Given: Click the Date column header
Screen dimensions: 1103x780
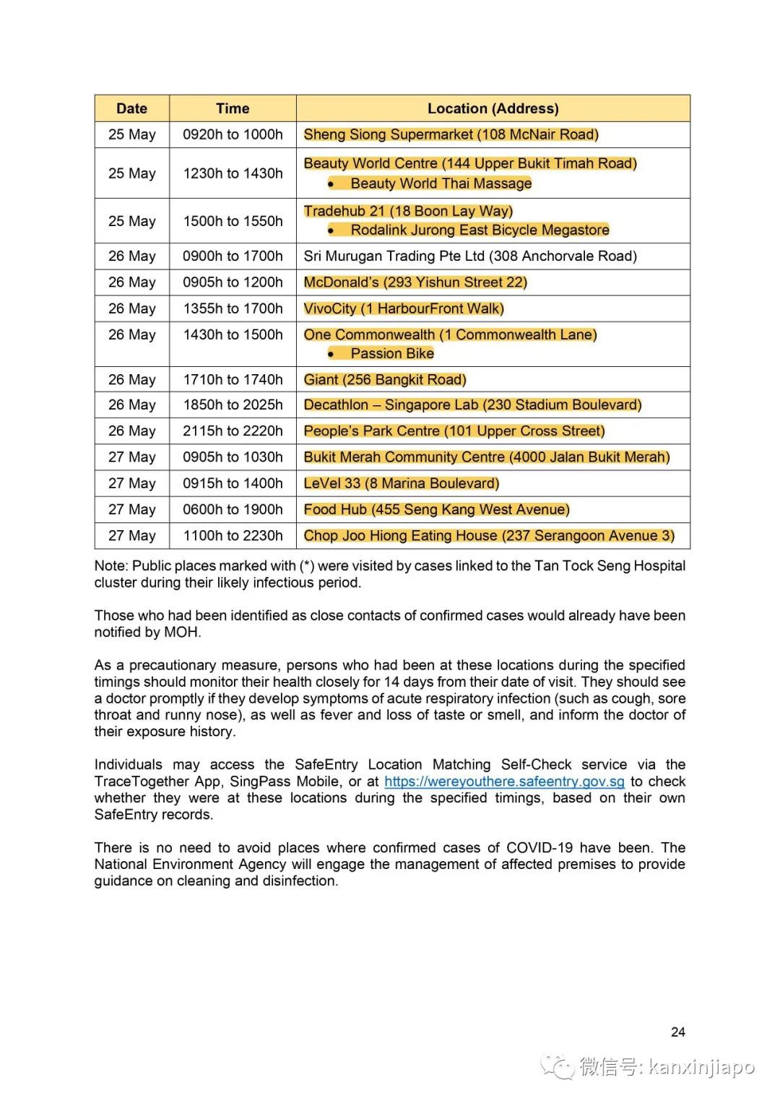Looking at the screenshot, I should click(x=131, y=108).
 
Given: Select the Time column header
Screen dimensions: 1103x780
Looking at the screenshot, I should click(x=233, y=108).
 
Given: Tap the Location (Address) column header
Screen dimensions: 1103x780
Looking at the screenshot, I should click(x=493, y=108).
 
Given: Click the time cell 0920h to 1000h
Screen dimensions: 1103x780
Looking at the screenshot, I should click(x=233, y=134).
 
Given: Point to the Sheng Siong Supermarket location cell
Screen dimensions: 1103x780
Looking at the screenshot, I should click(x=451, y=134).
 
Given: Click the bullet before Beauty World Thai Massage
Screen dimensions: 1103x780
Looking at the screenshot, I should click(x=331, y=184).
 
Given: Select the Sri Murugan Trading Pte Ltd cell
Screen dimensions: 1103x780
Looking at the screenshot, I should click(x=470, y=256).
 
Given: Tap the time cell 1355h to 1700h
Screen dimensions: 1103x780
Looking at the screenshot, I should click(x=233, y=308).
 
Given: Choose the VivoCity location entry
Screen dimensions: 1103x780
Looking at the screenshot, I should click(x=404, y=308).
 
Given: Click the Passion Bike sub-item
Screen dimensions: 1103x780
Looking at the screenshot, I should click(x=392, y=353).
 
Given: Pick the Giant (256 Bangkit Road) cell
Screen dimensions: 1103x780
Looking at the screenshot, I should click(x=385, y=379).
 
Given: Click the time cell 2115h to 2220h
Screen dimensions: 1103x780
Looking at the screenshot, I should click(x=233, y=431).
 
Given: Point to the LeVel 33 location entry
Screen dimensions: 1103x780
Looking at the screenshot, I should click(x=402, y=483).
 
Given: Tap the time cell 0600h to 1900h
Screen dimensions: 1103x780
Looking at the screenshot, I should click(x=233, y=509).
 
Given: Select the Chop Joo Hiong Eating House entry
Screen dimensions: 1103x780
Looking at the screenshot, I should click(x=489, y=535).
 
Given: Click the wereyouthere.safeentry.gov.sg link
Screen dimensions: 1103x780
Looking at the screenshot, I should click(x=504, y=782).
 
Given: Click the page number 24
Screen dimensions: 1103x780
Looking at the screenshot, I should click(x=677, y=1032).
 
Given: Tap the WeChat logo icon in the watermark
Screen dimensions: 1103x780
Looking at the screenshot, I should click(x=558, y=1067).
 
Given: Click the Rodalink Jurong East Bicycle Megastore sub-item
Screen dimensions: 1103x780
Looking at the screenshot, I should click(x=480, y=230).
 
